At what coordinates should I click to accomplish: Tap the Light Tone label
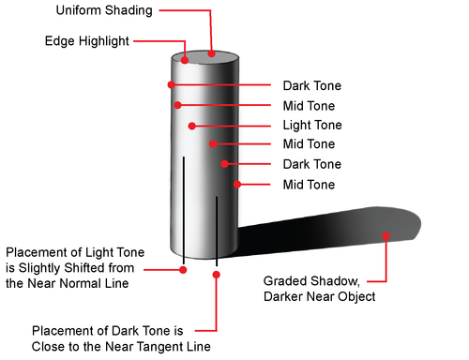311,125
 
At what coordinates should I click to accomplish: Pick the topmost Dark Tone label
311,84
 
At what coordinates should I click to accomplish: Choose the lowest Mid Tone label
309,185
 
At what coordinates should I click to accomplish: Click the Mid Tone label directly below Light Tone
309,144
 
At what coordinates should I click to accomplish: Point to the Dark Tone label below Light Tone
311,164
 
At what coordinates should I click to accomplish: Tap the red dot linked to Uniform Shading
214,53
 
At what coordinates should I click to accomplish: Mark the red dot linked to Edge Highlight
185,60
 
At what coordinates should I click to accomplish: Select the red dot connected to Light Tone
192,125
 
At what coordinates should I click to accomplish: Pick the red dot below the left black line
184,270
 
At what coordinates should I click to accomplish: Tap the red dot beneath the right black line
217,275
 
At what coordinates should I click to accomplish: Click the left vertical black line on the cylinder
184,206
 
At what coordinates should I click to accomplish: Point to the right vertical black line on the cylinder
217,225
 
